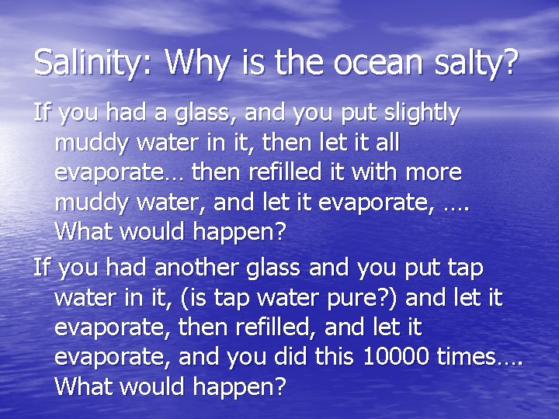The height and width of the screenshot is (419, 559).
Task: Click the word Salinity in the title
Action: tap(93, 62)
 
